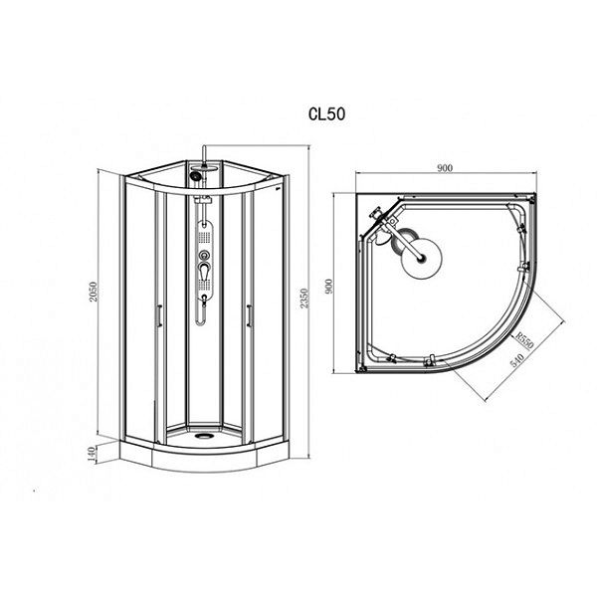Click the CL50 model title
point(326,114)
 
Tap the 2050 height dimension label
point(94,292)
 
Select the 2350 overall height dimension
point(303,298)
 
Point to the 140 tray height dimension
point(92,454)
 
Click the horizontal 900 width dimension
point(445,168)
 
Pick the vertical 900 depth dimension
point(329,286)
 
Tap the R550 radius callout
point(525,340)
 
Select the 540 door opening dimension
point(517,360)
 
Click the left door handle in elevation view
point(159,315)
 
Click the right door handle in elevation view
point(249,315)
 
